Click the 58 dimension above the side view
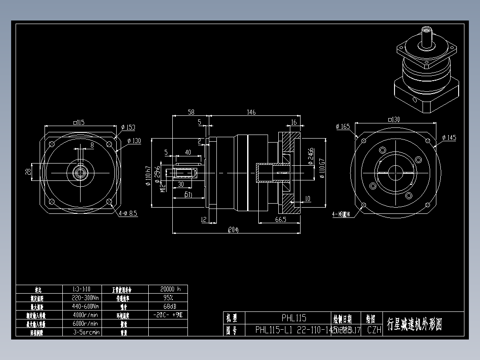191,112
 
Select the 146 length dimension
252,112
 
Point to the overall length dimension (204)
233,230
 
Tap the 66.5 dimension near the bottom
281,219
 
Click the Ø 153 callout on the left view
129,127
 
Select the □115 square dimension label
78,122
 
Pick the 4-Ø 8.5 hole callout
128,214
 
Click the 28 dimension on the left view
28,171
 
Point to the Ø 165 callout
343,127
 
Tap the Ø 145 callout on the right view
449,138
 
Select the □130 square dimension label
394,119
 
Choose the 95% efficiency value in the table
167,297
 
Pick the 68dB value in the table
167,306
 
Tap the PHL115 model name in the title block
294,318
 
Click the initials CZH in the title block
374,330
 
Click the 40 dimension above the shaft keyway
188,152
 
